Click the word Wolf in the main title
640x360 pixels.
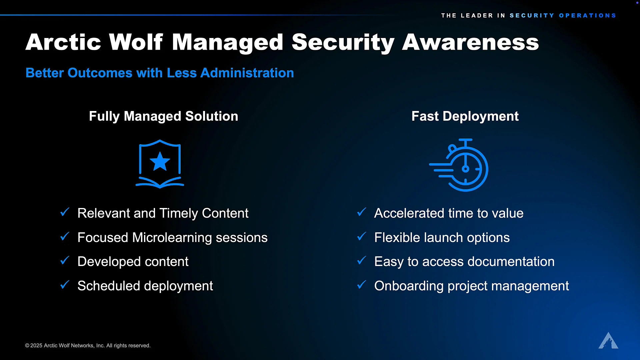[136, 42]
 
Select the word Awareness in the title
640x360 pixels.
[470, 42]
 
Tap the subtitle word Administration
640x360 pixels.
[247, 73]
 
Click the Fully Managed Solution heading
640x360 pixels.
[164, 116]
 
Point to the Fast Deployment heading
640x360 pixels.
[465, 116]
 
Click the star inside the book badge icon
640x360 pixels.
[160, 161]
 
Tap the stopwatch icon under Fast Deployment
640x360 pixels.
[459, 165]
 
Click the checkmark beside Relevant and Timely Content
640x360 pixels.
[65, 212]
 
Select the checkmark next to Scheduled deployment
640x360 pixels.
[65, 285]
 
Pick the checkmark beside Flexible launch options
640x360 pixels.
[362, 236]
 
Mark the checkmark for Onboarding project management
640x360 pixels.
[362, 285]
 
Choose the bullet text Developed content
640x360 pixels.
[133, 262]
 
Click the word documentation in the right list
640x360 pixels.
[510, 262]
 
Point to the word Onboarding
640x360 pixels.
[409, 286]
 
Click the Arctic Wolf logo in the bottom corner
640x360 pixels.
[608, 340]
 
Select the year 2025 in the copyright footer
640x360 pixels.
[36, 346]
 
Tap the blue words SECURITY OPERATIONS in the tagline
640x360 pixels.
[563, 16]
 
